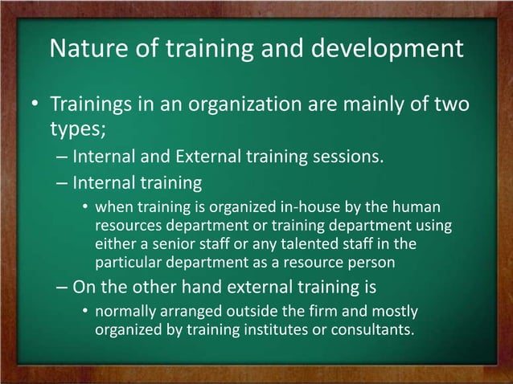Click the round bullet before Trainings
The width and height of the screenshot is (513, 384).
pos(35,106)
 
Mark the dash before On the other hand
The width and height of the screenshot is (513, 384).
pos(62,287)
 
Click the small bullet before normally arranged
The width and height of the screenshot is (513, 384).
pos(85,311)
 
